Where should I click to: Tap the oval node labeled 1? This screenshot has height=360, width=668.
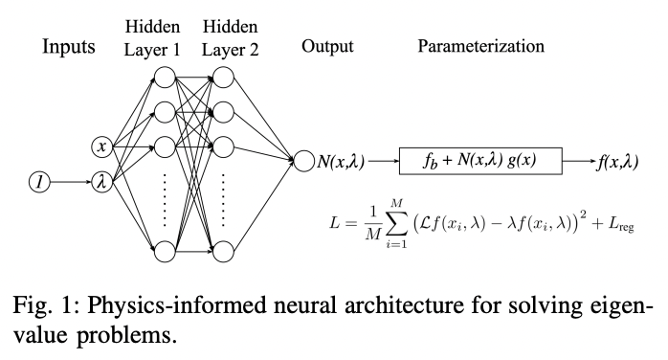point(38,181)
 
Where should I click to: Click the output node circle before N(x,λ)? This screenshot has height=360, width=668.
point(303,162)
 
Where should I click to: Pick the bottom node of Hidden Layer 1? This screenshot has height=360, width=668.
point(164,252)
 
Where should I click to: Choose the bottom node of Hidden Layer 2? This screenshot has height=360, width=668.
point(223,252)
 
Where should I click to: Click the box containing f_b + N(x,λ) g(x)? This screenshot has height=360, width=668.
point(479,161)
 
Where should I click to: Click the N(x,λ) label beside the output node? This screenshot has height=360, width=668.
point(341,161)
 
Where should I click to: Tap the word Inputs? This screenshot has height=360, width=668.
point(69,47)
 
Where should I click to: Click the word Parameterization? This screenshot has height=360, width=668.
point(480,46)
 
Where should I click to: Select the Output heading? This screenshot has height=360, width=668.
point(327,46)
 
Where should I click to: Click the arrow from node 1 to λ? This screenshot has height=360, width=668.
point(70,181)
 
